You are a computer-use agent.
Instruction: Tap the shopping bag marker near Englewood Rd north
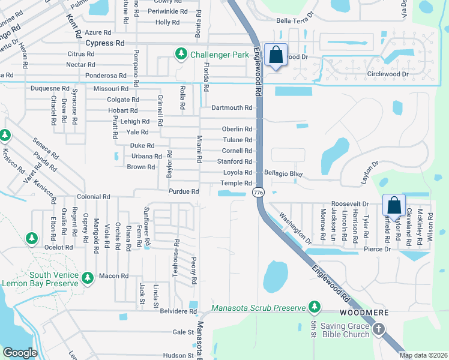coord(276,55)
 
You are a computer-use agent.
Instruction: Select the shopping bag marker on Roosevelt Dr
coord(394,205)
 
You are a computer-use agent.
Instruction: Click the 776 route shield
coord(258,192)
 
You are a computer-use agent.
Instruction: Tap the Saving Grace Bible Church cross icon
coord(378,329)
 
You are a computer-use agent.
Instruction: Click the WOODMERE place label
coord(364,313)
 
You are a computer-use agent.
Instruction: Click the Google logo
coord(20,353)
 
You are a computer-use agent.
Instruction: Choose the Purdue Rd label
coord(183,191)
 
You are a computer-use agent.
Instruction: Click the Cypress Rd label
coord(105,43)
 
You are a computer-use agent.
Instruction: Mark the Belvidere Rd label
coord(179,311)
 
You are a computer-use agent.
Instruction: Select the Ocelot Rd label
coord(58,247)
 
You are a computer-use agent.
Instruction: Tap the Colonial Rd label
coord(94,196)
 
